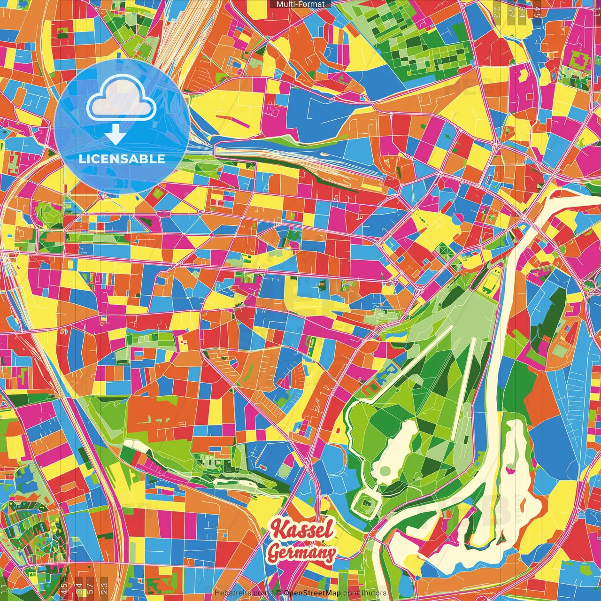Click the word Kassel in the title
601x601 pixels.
tap(303, 530)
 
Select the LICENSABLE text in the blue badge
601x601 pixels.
tap(122, 159)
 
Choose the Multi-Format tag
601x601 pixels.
tap(300, 4)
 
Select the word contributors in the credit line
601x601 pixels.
tap(365, 593)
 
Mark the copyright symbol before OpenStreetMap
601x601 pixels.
tap(278, 593)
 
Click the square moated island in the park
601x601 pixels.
tap(366, 505)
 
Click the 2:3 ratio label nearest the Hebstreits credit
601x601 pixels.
tap(104, 587)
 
